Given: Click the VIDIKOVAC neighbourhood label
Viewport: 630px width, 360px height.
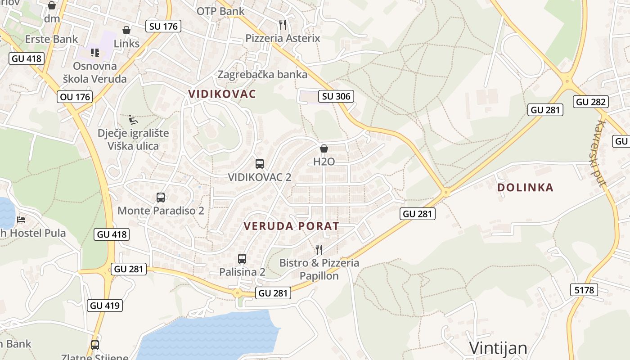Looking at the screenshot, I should (x=222, y=94).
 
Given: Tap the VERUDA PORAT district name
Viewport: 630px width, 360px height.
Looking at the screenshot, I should (x=291, y=226).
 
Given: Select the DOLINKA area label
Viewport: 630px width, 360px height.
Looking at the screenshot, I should (x=525, y=188).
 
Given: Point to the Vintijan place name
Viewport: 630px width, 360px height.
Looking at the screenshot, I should (x=498, y=348).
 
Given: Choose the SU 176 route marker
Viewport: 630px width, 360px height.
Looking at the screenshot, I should (x=163, y=26).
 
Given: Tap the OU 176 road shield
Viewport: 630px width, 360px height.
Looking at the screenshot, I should (x=75, y=97).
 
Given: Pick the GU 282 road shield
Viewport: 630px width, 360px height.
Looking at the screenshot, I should (x=591, y=102).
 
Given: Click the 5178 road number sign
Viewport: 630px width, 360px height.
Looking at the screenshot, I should (x=584, y=290).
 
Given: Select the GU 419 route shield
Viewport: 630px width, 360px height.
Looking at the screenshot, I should (x=105, y=306).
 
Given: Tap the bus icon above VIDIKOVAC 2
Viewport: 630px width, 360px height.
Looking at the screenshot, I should (x=260, y=164).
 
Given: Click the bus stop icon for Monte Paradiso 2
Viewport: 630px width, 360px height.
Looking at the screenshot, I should (x=161, y=198).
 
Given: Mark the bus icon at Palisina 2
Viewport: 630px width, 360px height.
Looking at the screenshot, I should (x=242, y=259).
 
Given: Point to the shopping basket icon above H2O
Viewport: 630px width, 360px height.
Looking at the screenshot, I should (x=324, y=148).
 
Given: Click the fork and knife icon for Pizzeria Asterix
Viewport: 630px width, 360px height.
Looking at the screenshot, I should (x=283, y=24).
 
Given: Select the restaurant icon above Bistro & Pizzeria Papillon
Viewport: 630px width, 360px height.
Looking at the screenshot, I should (x=319, y=249).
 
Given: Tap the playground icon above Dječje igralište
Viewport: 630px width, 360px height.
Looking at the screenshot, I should (x=133, y=120).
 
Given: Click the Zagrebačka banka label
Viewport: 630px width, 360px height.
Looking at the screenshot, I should (x=263, y=74).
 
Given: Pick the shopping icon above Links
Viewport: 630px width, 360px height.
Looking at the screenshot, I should (x=126, y=30).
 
